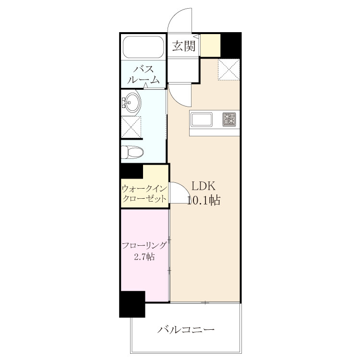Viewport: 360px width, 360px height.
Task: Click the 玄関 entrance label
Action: pyautogui.click(x=184, y=46)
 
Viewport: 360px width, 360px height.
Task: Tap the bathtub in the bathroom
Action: pyautogui.click(x=144, y=48)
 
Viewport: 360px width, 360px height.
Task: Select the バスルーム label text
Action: pyautogui.click(x=143, y=74)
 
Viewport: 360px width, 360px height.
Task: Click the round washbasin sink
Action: pyautogui.click(x=132, y=103)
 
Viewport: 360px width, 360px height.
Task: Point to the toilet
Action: pyautogui.click(x=132, y=152)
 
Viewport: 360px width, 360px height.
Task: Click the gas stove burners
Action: pyautogui.click(x=229, y=120)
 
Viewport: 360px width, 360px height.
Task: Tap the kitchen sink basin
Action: pyautogui.click(x=202, y=120)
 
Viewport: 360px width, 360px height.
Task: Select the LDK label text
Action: pyautogui.click(x=204, y=186)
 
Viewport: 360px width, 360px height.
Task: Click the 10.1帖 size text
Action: pyautogui.click(x=204, y=200)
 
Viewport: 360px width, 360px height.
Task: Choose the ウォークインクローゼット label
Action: pyautogui.click(x=144, y=194)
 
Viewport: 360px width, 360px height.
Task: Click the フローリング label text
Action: pyautogui.click(x=144, y=245)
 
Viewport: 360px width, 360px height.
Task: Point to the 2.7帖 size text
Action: pyautogui.click(x=144, y=256)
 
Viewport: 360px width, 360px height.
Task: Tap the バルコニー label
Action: pyautogui.click(x=186, y=330)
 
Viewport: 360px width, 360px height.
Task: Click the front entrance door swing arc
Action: pyautogui.click(x=175, y=16)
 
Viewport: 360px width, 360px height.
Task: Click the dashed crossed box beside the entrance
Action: pyautogui.click(x=228, y=70)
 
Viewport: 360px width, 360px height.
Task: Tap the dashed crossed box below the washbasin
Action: pyautogui.click(x=131, y=127)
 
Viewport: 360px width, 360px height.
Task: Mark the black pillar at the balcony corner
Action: pyautogui.click(x=132, y=304)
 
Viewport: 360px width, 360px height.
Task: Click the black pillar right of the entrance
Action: pyautogui.click(x=231, y=45)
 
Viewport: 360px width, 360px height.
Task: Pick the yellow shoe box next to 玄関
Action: pyautogui.click(x=211, y=45)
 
